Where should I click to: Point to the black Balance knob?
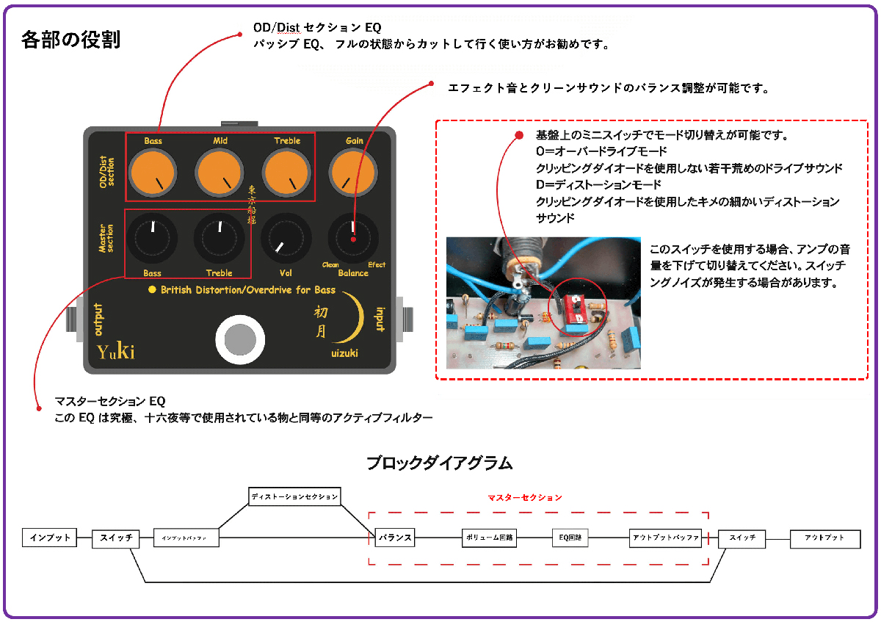tap(353, 238)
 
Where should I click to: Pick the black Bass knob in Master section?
tap(153, 239)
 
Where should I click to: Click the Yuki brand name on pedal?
tap(116, 352)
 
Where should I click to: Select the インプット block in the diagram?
tap(50, 538)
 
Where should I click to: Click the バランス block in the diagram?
tap(394, 538)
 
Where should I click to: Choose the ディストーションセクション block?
tap(294, 496)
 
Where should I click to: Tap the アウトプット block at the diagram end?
tap(824, 538)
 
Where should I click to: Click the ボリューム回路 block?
tap(489, 538)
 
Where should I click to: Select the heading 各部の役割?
tap(71, 39)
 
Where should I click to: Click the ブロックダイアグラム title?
tap(439, 463)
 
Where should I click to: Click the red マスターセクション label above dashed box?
tap(525, 497)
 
